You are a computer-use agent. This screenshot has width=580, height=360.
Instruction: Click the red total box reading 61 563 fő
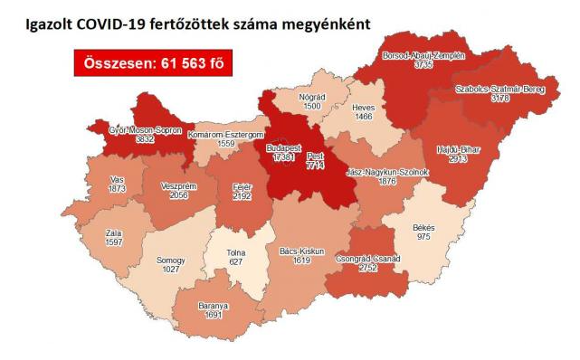[x=149, y=64]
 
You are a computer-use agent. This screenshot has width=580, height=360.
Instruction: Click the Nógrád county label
[x=311, y=95]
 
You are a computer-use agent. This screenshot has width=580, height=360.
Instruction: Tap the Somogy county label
[x=170, y=260]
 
